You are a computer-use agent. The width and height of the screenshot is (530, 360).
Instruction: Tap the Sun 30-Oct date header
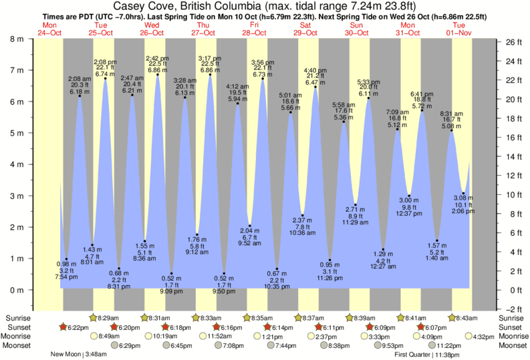[356, 29]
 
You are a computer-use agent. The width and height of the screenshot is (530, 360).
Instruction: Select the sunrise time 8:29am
[109, 318]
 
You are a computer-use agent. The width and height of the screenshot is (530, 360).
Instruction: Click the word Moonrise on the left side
[19, 337]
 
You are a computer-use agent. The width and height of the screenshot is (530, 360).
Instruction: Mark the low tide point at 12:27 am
[383, 249]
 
